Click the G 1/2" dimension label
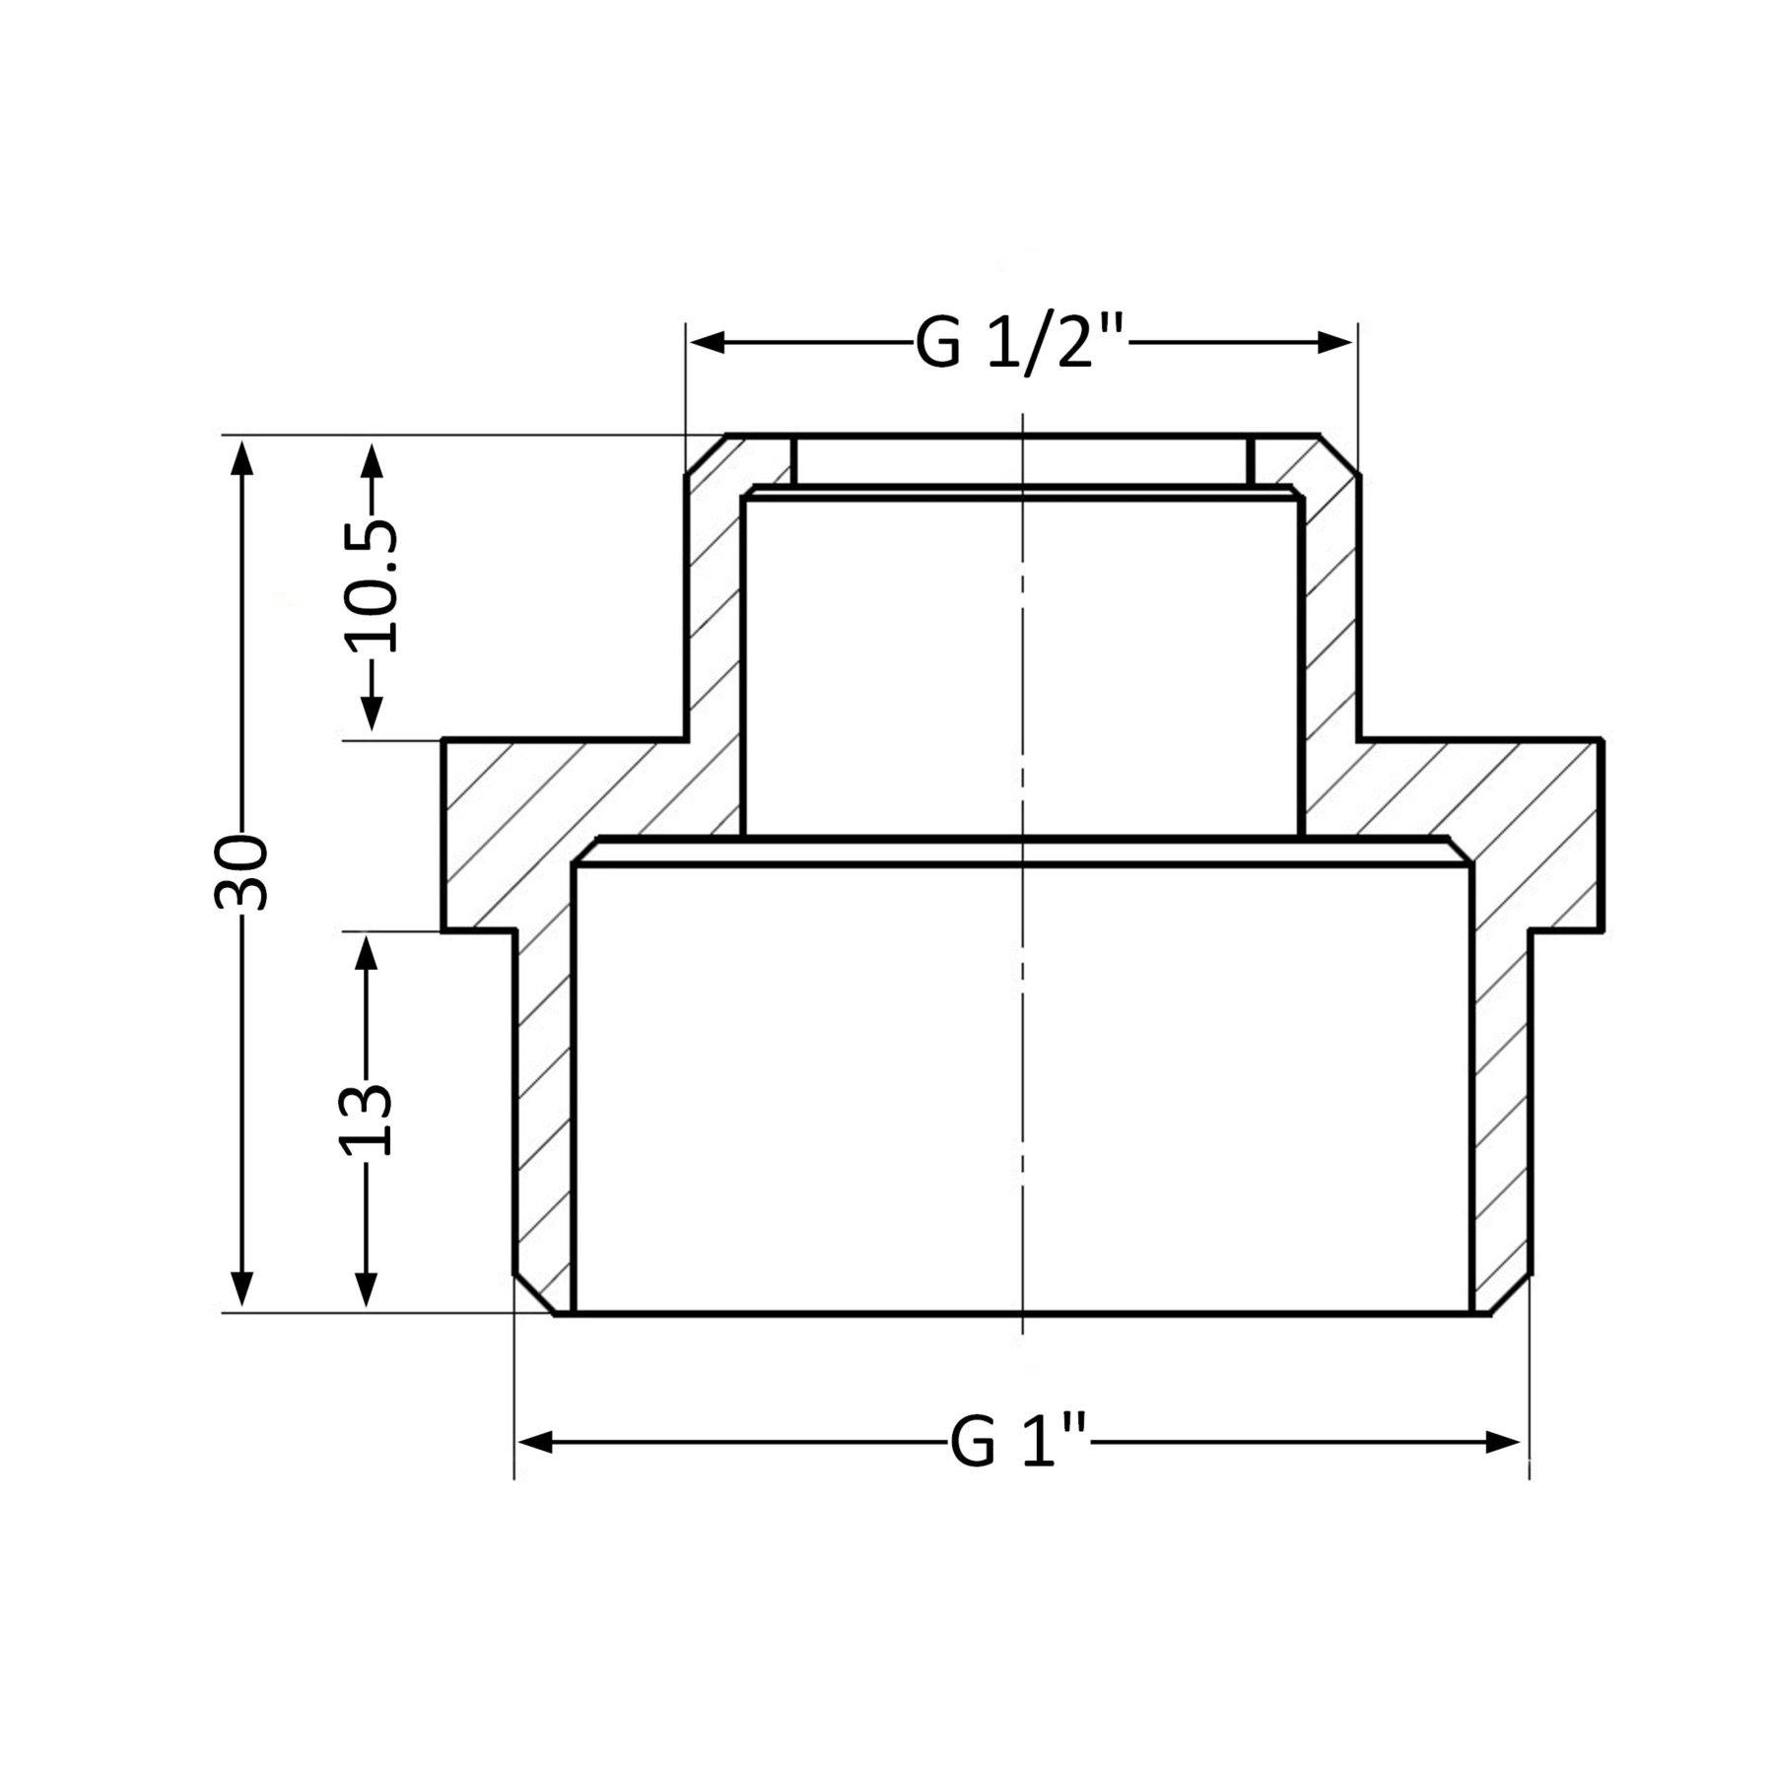[x=1020, y=343]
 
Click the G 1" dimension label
[x=1020, y=1443]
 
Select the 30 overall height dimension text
[x=240, y=872]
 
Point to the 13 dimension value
[x=366, y=1119]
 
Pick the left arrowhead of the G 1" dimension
[x=535, y=1443]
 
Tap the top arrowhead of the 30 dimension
[x=241, y=457]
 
